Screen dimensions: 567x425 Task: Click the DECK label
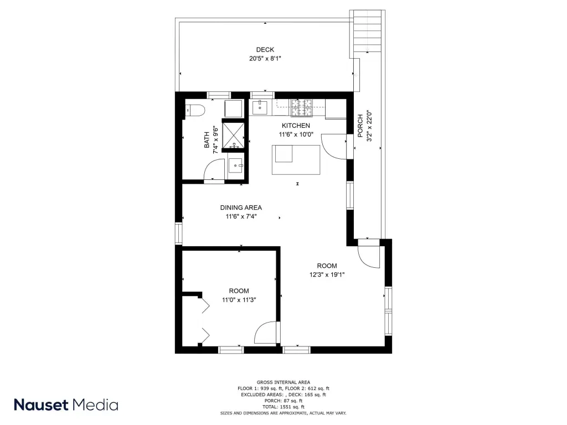[x=265, y=50]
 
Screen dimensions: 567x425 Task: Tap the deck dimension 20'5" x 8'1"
[x=265, y=59]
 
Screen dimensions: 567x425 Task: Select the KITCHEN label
[x=296, y=126]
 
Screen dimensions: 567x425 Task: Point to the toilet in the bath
[x=195, y=110]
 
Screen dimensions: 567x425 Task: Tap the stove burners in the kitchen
[x=302, y=108]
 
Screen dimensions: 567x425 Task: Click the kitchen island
[x=296, y=160]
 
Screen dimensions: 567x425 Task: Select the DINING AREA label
[x=241, y=208]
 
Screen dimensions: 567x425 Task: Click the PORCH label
[x=360, y=126]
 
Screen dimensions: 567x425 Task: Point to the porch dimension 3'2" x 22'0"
[x=369, y=126]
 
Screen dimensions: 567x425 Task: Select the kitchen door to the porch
[x=333, y=146]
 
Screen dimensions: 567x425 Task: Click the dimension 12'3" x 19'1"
[x=327, y=274]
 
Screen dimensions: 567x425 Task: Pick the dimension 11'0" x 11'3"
[x=239, y=300]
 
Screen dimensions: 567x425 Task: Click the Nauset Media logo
[x=66, y=405]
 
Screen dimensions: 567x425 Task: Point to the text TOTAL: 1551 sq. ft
[x=283, y=407]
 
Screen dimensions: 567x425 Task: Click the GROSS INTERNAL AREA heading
[x=283, y=382]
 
